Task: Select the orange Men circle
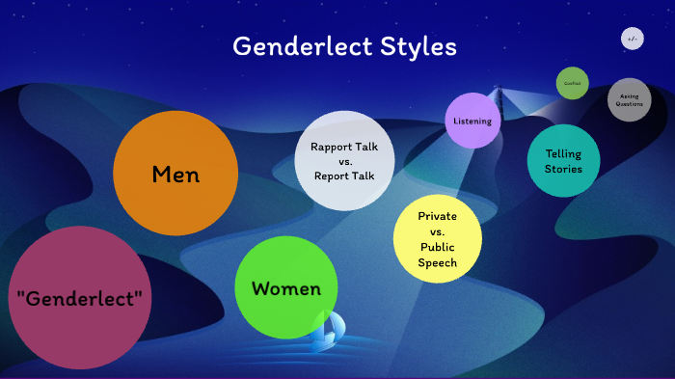tap(175, 174)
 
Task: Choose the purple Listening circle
tap(473, 121)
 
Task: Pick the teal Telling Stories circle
tap(563, 161)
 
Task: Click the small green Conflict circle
tap(572, 83)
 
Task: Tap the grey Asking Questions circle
tap(630, 99)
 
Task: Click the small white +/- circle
tap(633, 39)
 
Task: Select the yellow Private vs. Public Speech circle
tap(438, 239)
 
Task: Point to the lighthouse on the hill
tap(499, 95)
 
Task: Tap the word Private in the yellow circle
tap(438, 216)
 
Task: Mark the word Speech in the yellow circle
tap(438, 263)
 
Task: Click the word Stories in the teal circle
tap(563, 170)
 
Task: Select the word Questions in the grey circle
tap(630, 104)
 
